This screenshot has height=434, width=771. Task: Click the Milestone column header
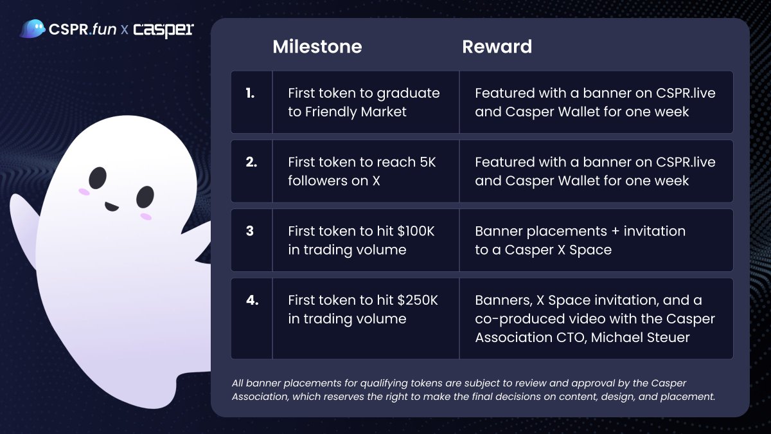tap(317, 47)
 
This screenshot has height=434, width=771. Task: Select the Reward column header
tap(497, 47)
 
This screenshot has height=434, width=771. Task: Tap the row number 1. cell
tap(250, 93)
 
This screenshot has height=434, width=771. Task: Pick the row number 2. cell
tap(251, 162)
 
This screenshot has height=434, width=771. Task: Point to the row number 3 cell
tap(249, 231)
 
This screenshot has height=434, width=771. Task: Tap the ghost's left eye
tap(98, 177)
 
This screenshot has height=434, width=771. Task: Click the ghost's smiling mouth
tap(112, 207)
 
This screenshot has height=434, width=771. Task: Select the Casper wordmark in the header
tap(163, 30)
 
